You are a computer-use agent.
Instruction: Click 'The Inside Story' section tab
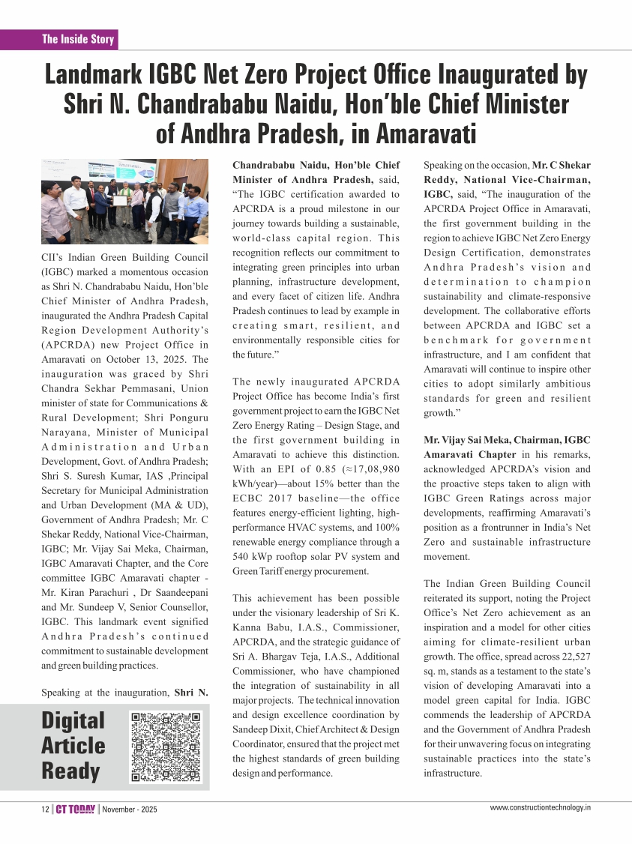(x=78, y=39)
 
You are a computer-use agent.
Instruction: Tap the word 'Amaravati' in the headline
(x=426, y=133)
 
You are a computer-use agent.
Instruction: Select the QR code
(x=166, y=747)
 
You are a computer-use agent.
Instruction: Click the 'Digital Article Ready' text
(x=73, y=746)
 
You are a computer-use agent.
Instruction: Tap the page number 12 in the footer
(x=44, y=810)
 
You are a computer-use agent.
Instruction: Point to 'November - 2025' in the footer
(x=130, y=810)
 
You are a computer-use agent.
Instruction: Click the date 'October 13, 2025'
(x=148, y=360)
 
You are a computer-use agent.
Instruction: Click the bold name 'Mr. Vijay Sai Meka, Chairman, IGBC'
(x=507, y=440)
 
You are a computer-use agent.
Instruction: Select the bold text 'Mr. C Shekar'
(x=562, y=165)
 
